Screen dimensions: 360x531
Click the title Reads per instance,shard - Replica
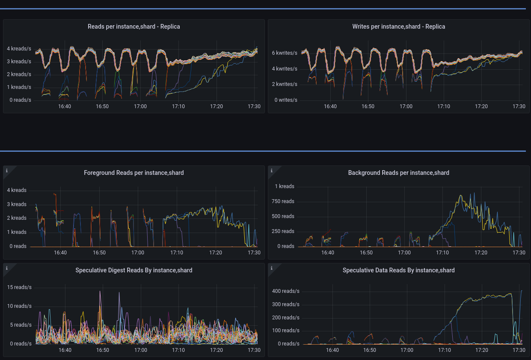[x=133, y=27]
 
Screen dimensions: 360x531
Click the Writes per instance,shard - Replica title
[x=398, y=27]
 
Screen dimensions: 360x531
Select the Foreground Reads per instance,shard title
[x=133, y=173]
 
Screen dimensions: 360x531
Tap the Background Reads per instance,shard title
[x=398, y=173]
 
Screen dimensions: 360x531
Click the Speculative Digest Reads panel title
[x=133, y=270]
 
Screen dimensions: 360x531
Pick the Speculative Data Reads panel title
[x=398, y=270]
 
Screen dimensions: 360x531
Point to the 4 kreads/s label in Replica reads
[x=19, y=49]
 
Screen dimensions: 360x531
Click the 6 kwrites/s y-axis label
[x=285, y=53]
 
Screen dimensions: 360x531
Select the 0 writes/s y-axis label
[x=286, y=100]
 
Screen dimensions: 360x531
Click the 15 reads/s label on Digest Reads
[x=19, y=287]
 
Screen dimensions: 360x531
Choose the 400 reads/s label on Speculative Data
[x=285, y=291]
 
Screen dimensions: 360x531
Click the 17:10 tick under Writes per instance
[x=444, y=106]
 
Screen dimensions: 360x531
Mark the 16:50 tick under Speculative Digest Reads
[x=103, y=350]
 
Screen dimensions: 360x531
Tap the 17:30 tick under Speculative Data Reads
[x=519, y=350]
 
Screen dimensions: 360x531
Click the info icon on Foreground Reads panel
[x=7, y=171]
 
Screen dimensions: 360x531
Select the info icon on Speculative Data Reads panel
[x=272, y=268]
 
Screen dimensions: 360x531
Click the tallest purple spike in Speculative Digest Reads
[x=100, y=292]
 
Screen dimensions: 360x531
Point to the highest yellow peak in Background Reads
[x=461, y=196]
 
